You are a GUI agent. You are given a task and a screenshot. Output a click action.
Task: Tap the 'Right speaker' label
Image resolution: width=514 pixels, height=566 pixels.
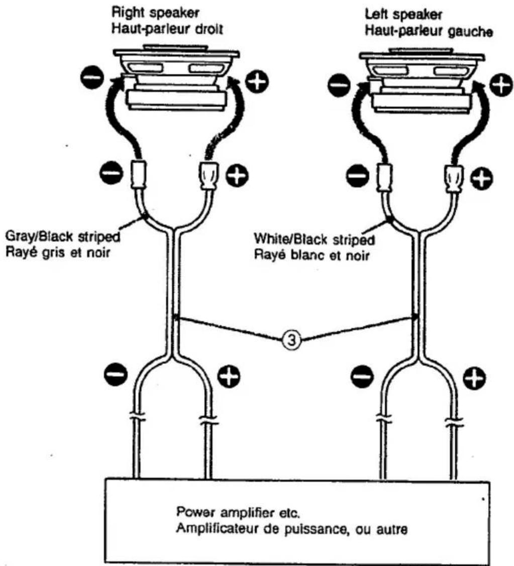pos(155,13)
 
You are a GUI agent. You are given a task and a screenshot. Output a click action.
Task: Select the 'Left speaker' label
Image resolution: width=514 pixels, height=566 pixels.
pos(403,15)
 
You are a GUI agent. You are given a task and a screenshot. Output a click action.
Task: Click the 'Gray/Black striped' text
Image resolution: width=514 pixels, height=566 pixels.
pos(63,237)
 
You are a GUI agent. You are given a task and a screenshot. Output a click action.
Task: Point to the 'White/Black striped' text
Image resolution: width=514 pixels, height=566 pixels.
pos(315,239)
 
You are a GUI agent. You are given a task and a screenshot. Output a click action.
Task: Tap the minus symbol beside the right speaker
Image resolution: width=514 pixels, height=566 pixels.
pos(92,78)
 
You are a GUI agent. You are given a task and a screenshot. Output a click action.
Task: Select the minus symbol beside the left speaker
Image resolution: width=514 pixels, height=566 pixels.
pos(339,85)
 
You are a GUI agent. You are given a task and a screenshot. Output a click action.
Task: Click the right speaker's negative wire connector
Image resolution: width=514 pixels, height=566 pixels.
pos(138,175)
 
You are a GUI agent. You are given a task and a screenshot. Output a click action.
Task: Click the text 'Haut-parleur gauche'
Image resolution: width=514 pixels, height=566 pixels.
pos(429,31)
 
